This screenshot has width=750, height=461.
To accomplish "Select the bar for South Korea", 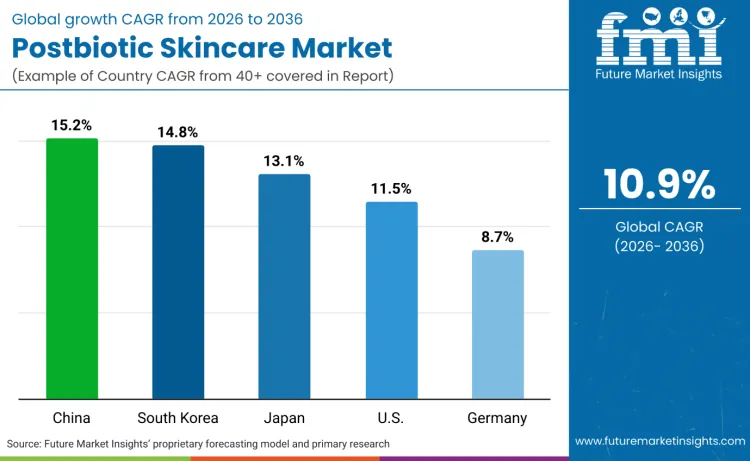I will click(178, 272).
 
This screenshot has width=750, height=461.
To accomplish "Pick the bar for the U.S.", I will click(391, 300).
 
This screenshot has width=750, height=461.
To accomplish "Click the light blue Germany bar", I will click(497, 324).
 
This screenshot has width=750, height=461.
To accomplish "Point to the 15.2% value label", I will click(72, 126).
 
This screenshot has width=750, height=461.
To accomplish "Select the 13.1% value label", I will click(284, 161).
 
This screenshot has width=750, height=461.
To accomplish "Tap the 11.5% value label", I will click(391, 189).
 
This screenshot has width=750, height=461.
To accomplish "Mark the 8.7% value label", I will click(497, 237).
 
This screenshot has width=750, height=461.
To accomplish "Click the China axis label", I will click(72, 417).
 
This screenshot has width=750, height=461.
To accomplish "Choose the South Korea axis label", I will click(178, 417).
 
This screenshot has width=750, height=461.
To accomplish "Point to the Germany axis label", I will click(497, 417).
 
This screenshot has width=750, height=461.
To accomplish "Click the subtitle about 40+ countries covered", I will click(204, 77).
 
